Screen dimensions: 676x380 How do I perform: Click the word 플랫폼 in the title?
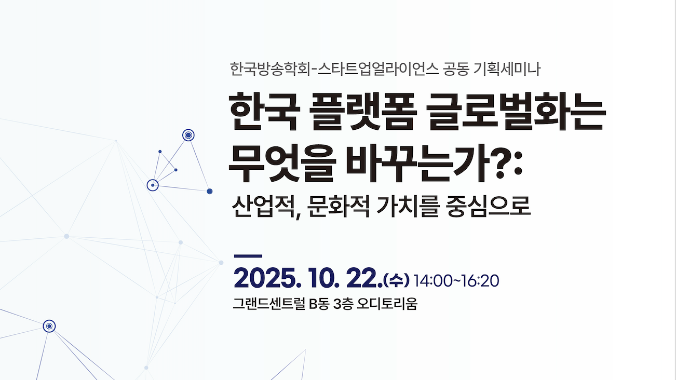pyautogui.click(x=363, y=111)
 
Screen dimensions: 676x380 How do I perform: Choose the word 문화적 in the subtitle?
pyautogui.click(x=338, y=207)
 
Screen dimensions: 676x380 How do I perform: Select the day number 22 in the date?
pyautogui.click(x=364, y=280)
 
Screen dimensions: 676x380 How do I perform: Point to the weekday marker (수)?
pyautogui.click(x=396, y=281)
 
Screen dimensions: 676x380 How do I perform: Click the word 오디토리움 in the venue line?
pyautogui.click(x=387, y=304)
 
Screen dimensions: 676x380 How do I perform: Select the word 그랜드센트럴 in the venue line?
pyautogui.click(x=269, y=304)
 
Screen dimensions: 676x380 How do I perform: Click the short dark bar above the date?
pyautogui.click(x=248, y=256)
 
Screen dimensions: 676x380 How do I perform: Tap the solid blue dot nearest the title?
pyautogui.click(x=209, y=192)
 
